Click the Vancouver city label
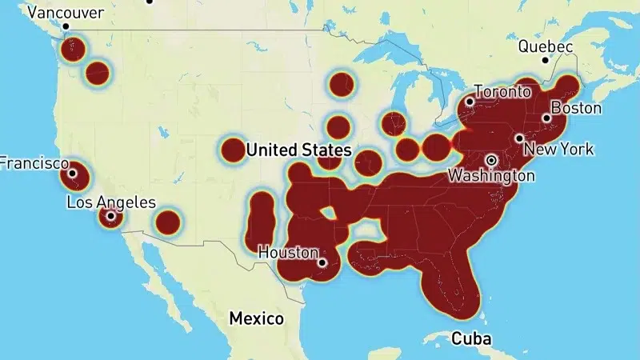(x=66, y=13)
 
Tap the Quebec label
(x=546, y=46)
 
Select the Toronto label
(x=502, y=91)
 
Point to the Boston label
(x=575, y=107)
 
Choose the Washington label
(x=490, y=174)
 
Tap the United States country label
(x=298, y=150)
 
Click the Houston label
(x=288, y=252)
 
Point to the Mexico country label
(x=256, y=318)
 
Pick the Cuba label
(x=471, y=338)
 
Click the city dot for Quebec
(x=545, y=60)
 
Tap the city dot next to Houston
(x=322, y=262)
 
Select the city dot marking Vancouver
(x=66, y=26)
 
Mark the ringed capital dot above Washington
(x=491, y=159)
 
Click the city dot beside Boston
(x=546, y=118)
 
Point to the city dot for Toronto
(x=470, y=102)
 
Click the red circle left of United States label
(x=232, y=149)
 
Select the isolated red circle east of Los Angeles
(x=167, y=222)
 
